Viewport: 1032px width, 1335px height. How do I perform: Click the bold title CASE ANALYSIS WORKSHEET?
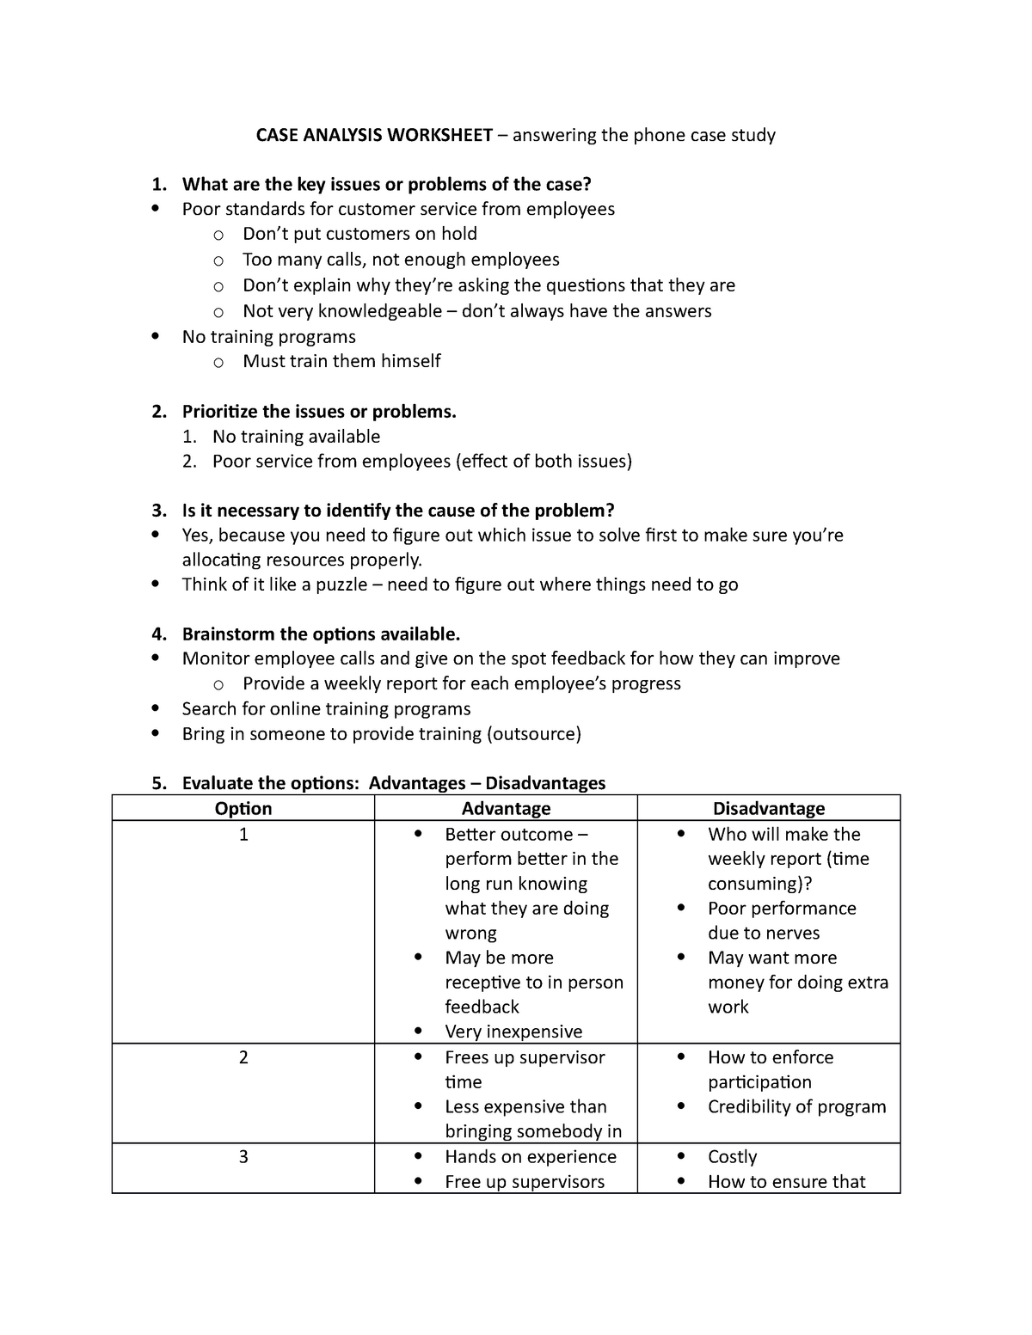tap(374, 135)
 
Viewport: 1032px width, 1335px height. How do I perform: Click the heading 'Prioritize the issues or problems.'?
tap(319, 412)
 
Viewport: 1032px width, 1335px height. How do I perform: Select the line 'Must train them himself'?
tap(341, 361)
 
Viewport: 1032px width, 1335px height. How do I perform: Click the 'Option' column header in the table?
tap(243, 809)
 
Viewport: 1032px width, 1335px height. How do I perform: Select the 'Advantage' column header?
tap(506, 809)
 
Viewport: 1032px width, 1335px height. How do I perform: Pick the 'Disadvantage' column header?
tap(768, 809)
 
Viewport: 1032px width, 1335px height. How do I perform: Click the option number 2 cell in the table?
tap(243, 1057)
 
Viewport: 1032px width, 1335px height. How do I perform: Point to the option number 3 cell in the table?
tap(243, 1157)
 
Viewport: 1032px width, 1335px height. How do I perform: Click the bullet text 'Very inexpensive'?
tap(513, 1032)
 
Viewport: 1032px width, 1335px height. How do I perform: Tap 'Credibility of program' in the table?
tap(796, 1107)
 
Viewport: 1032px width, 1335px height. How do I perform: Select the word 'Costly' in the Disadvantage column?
tap(732, 1157)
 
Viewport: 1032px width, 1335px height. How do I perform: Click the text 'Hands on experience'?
tap(531, 1157)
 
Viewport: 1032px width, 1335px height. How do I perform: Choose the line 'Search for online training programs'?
tap(326, 709)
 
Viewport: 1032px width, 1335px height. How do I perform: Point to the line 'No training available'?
tap(296, 437)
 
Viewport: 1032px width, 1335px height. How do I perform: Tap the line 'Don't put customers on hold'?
tap(359, 234)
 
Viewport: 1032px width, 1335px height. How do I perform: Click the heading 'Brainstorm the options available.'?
tap(321, 634)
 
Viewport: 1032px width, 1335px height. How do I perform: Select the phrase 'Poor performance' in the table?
tap(782, 909)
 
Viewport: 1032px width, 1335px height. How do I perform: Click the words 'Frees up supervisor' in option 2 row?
tap(525, 1057)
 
